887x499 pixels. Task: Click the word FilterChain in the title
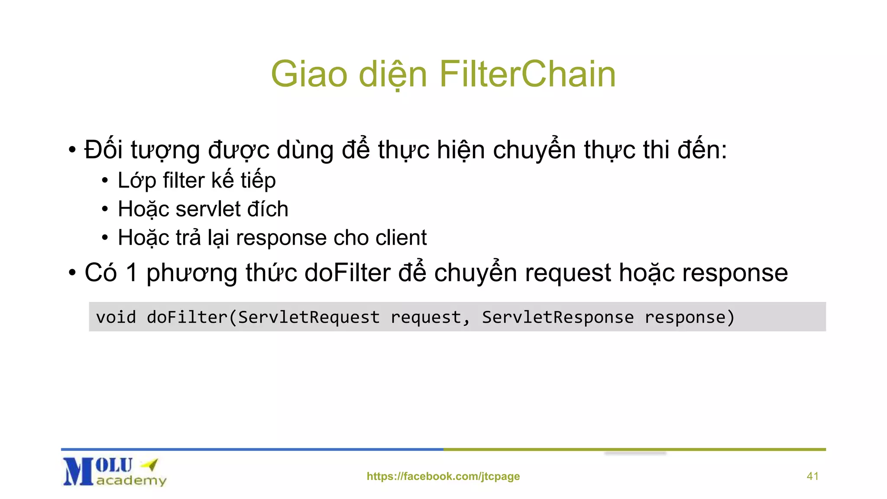(528, 74)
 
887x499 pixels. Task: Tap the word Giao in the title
(309, 74)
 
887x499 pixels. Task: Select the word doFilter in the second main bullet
(348, 273)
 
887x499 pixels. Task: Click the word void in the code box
(116, 317)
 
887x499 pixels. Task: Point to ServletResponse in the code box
(558, 317)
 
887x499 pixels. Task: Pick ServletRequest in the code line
(309, 317)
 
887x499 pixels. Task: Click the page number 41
(813, 476)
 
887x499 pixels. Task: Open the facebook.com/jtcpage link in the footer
(443, 476)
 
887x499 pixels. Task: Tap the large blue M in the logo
(78, 472)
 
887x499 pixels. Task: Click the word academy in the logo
(131, 480)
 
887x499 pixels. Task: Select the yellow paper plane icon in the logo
(150, 465)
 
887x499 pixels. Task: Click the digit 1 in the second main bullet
(132, 273)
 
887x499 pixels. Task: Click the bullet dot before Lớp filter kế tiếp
(105, 181)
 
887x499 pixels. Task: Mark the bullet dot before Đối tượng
(72, 150)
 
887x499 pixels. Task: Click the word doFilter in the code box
(187, 317)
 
